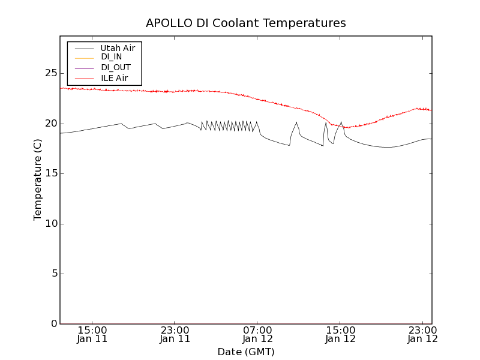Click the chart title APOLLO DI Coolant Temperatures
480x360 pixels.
[246, 23]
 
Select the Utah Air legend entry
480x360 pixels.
[118, 47]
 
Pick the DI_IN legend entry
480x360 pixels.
[112, 57]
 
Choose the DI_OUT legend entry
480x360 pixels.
[116, 68]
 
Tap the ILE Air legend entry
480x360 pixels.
[114, 78]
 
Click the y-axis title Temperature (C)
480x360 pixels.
[38, 179]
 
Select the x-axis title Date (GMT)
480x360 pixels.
[246, 352]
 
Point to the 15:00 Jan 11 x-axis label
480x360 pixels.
[92, 334]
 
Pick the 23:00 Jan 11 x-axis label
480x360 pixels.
[175, 334]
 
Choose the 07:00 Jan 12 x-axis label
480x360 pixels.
[257, 334]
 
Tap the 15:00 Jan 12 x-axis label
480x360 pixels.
[340, 334]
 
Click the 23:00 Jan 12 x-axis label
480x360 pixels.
[423, 334]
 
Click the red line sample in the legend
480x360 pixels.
[85, 78]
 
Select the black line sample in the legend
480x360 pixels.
[85, 47]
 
